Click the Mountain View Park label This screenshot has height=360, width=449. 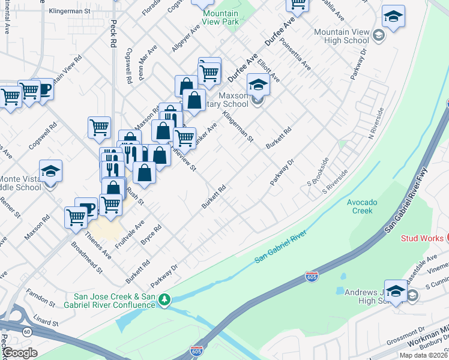(220, 17)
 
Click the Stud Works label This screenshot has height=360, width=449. (423, 238)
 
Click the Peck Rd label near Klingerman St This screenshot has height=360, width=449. (112, 33)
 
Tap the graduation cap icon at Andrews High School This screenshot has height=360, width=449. (396, 291)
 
